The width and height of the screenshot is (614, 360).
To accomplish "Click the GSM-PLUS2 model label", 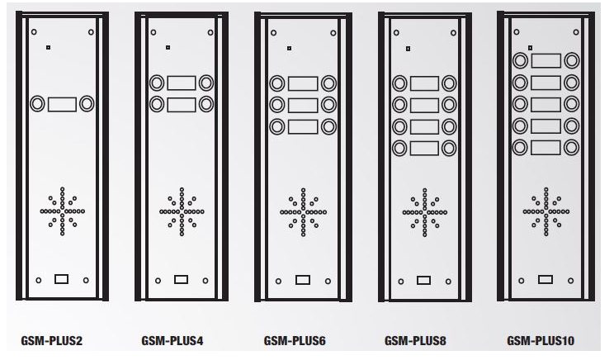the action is [x=52, y=341].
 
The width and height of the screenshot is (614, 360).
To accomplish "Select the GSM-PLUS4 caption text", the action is [x=172, y=341].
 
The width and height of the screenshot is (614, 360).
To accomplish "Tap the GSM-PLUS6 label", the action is [x=295, y=341].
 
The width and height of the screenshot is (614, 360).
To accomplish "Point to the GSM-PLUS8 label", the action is [x=415, y=341].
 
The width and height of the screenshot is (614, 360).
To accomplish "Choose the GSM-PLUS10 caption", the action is [x=541, y=341].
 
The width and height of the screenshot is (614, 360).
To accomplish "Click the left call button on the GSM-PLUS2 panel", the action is [x=38, y=104].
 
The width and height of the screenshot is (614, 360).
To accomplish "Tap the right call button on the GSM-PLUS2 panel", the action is [x=87, y=104].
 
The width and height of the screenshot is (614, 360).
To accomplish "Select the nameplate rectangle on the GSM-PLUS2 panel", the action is [x=62, y=105].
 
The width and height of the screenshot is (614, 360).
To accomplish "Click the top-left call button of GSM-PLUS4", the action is [x=157, y=83].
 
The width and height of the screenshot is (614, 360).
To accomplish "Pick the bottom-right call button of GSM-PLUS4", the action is [x=206, y=104].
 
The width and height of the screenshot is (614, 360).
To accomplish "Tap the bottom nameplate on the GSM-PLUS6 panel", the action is [x=303, y=127].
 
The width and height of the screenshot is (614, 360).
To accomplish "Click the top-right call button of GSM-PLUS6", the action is [x=328, y=83].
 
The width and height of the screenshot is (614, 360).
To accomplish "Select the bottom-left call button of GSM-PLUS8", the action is [x=399, y=148].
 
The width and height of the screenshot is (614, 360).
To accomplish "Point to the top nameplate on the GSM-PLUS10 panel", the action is [x=546, y=61].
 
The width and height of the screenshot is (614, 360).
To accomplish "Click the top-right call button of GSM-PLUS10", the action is [x=571, y=61].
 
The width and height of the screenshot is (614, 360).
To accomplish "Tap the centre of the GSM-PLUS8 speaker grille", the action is [x=425, y=213].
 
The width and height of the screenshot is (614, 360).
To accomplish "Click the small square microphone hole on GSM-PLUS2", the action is [x=48, y=47].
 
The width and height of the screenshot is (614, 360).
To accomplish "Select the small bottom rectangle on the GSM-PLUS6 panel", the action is [x=303, y=280].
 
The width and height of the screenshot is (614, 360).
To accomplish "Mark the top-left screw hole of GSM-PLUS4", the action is [x=153, y=32].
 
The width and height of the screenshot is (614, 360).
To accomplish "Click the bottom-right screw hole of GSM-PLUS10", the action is [x=570, y=281].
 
